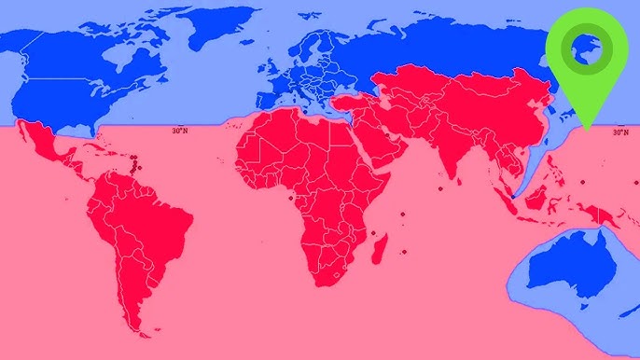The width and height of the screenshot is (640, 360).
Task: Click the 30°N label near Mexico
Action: [x=180, y=132]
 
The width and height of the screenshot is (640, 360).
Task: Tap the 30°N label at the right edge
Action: [x=619, y=132]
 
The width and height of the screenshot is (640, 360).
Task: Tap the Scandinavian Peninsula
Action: [x=312, y=47]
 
